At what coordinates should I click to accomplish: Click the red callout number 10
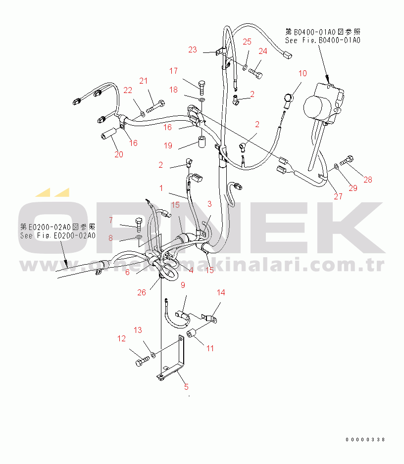pyautogui.click(x=303, y=73)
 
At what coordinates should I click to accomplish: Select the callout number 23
pyautogui.click(x=193, y=49)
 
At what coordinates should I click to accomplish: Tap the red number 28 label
pyautogui.click(x=367, y=180)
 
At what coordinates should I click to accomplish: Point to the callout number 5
pyautogui.click(x=186, y=387)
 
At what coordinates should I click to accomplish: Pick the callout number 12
pyautogui.click(x=121, y=338)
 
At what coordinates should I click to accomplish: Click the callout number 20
pyautogui.click(x=119, y=154)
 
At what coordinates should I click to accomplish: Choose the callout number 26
pyautogui.click(x=142, y=292)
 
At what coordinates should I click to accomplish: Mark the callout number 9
pyautogui.click(x=183, y=285)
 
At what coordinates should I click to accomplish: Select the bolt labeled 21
pyautogui.click(x=155, y=107)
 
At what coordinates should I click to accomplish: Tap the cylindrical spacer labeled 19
pyautogui.click(x=202, y=141)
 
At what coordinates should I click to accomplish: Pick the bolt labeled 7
pyautogui.click(x=139, y=225)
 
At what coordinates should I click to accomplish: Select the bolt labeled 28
pyautogui.click(x=347, y=161)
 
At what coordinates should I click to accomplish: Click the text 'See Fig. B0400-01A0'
pyautogui.click(x=323, y=40)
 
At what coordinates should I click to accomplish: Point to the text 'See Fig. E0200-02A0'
pyautogui.click(x=58, y=236)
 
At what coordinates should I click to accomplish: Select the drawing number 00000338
pyautogui.click(x=365, y=440)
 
